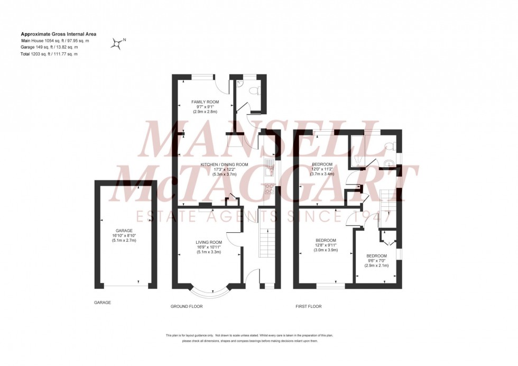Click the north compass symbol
(x=117, y=44)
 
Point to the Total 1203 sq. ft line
(x=49, y=54)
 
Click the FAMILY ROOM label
(x=205, y=102)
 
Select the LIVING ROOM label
(x=208, y=242)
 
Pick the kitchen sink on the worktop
(x=269, y=167)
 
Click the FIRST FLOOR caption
(x=308, y=307)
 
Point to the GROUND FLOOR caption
(x=187, y=307)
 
